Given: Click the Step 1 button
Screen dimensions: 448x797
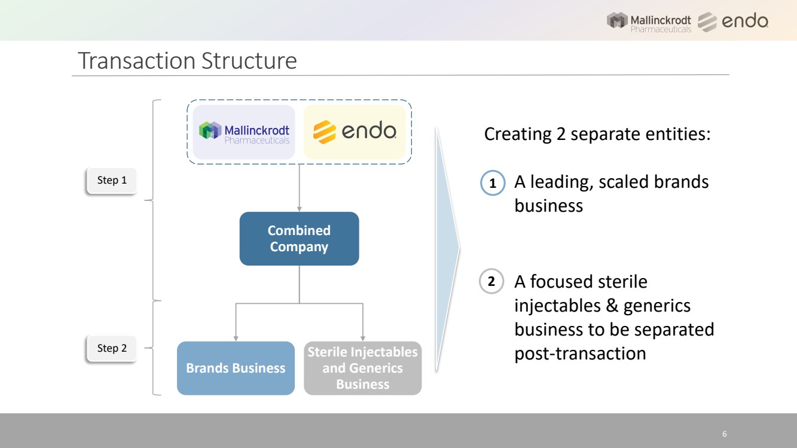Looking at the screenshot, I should point(112,180).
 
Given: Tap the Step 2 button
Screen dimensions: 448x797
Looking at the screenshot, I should point(112,348).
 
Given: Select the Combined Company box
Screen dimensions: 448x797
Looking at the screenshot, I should point(299,239).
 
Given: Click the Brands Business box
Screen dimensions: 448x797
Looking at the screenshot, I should point(236,368).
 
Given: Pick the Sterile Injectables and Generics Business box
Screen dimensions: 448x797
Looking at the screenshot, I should point(362,368).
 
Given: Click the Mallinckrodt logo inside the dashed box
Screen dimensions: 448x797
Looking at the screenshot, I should point(244,132).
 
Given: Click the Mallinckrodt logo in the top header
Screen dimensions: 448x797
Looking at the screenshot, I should point(650,22).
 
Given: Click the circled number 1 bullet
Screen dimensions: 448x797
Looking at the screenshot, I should point(493,184).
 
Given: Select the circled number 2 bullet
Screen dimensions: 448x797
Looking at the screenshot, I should point(491,283).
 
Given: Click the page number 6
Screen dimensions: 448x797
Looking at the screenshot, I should point(725,434).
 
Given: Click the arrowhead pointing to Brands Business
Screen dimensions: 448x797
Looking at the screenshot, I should point(236,338).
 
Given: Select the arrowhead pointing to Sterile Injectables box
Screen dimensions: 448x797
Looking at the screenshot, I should point(363,338).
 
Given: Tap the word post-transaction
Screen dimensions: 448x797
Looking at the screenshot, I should point(580,353).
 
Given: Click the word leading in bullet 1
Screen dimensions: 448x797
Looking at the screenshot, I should point(559,182).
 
